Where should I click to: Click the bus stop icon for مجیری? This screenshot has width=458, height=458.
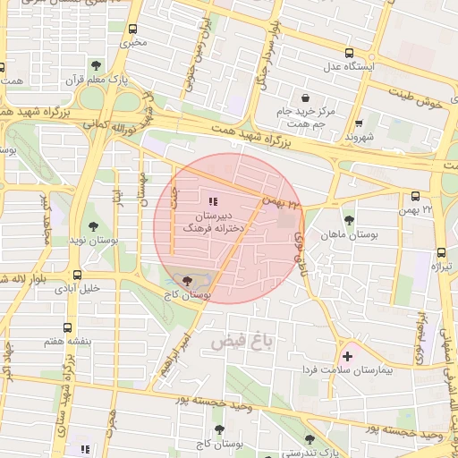[134, 29]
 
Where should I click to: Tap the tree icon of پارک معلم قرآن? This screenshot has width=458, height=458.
[96, 64]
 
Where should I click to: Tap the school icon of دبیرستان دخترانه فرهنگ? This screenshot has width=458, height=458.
[212, 201]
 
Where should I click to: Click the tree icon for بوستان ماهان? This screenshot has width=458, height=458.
[348, 219]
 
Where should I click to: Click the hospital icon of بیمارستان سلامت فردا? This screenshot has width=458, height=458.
[347, 356]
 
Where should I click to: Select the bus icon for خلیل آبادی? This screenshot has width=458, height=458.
[78, 276]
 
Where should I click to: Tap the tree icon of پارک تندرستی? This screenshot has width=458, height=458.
[310, 440]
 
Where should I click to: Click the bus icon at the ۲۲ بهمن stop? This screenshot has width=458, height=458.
[414, 197]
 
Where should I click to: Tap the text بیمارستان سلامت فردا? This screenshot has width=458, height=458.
[358, 369]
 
